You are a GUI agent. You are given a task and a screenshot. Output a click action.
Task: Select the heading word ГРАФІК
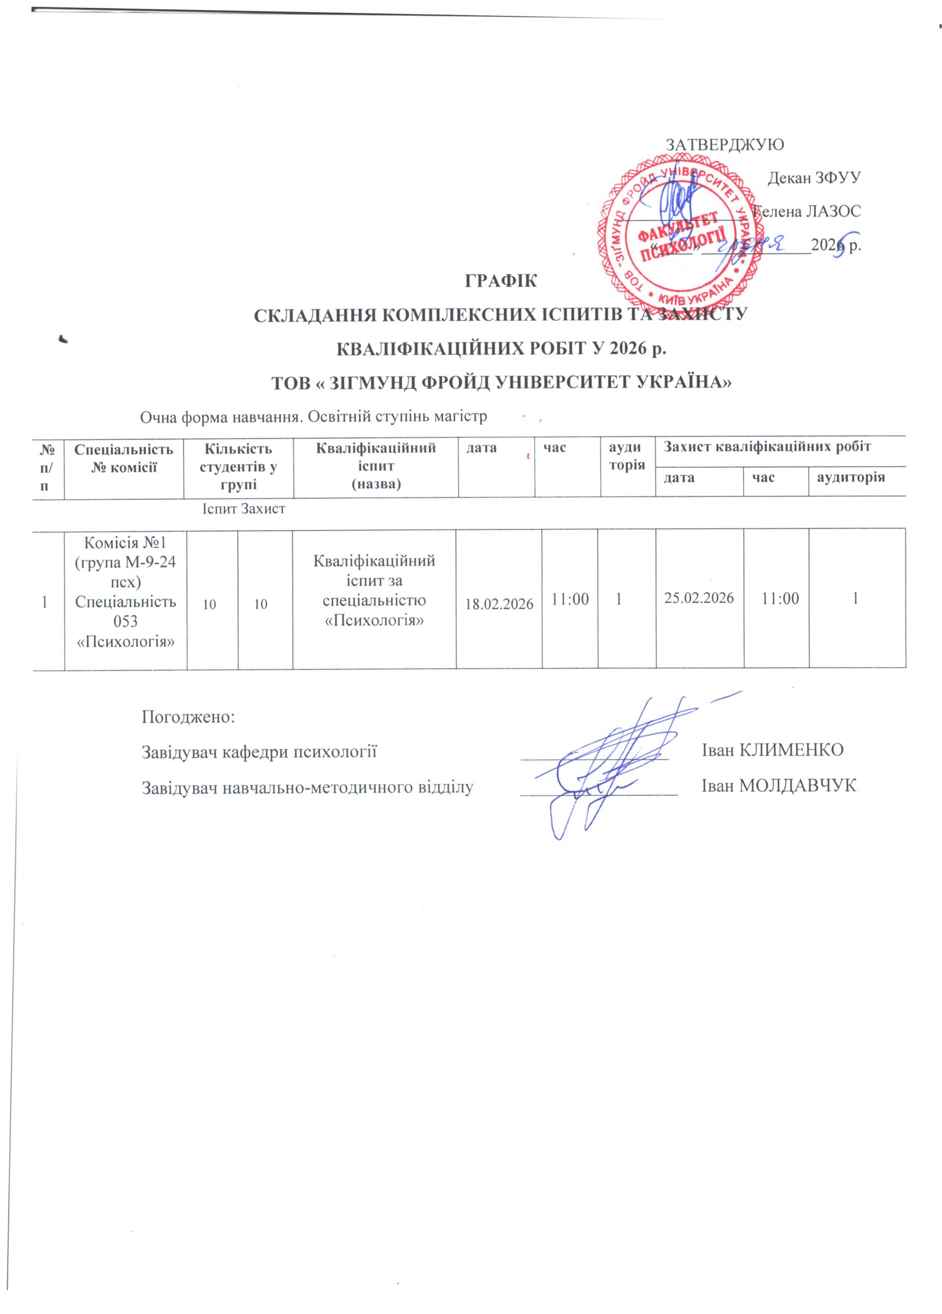501,282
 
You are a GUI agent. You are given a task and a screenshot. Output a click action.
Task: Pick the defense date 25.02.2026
699,598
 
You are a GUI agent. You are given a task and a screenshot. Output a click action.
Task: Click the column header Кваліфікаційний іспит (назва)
376,465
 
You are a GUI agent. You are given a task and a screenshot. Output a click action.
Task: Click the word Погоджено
188,716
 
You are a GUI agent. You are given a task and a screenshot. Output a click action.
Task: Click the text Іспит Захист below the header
243,509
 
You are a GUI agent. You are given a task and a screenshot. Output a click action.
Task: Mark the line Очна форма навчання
313,417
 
